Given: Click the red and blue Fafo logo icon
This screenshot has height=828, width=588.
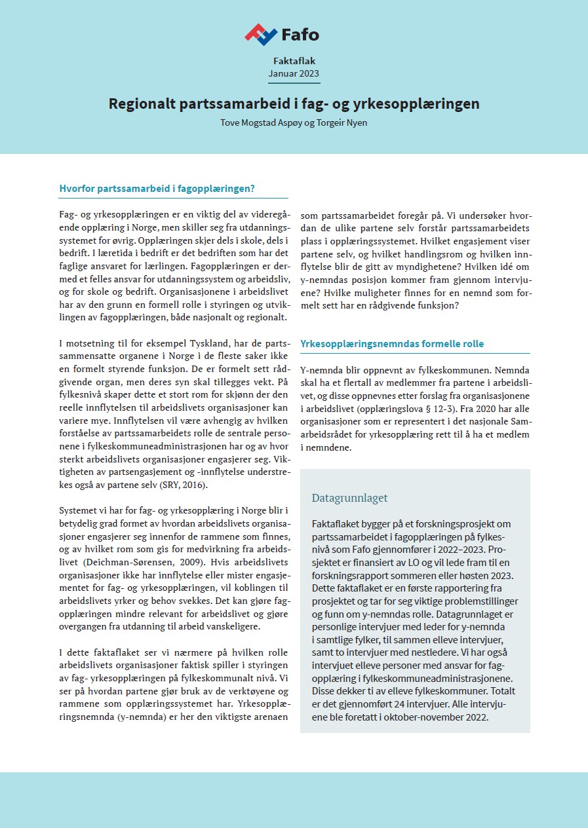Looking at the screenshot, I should [x=261, y=33].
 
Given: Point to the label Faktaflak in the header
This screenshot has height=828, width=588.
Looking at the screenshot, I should [x=294, y=61].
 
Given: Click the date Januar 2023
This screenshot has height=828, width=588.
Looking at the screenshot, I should [x=294, y=73].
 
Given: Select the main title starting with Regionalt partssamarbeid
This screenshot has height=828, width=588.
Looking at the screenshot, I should [x=294, y=104].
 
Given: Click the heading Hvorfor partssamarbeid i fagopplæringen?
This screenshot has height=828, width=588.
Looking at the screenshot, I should [x=157, y=189].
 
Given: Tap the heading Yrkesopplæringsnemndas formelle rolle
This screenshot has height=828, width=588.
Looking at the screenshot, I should [x=392, y=344].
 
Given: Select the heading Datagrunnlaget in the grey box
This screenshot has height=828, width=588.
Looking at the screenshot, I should [x=349, y=498].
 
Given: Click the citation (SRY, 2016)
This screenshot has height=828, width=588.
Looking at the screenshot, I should [x=183, y=485].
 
